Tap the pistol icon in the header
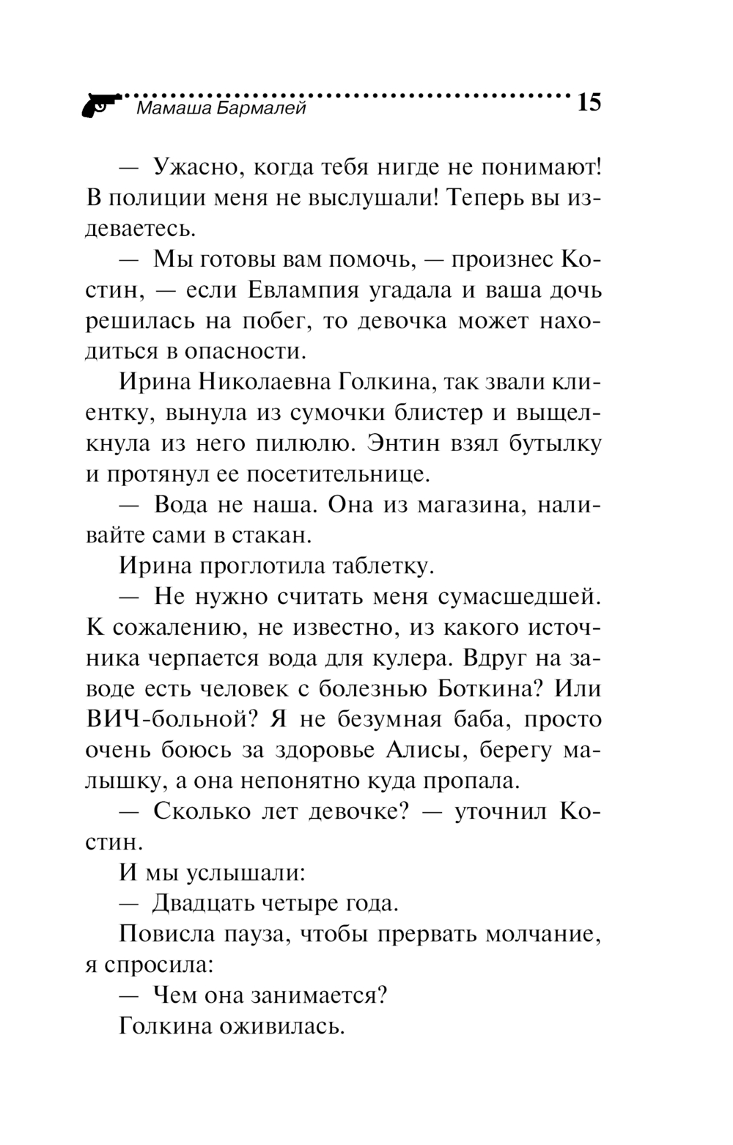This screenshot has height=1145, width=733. pos(102,105)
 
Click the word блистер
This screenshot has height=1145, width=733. pos(426,412)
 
